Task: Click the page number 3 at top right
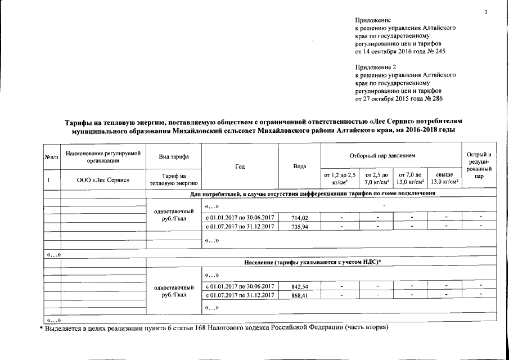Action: click(x=484, y=13)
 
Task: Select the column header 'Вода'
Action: click(x=300, y=166)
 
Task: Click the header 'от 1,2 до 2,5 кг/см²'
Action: click(x=340, y=179)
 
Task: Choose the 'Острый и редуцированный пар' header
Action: click(x=479, y=165)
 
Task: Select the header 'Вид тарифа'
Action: click(x=173, y=156)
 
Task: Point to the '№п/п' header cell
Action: click(x=51, y=156)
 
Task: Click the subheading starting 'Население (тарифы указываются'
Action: click(x=313, y=263)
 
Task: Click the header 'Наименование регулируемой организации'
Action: click(x=103, y=156)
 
